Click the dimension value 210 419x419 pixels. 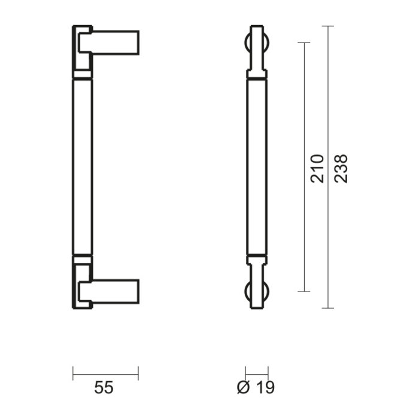tap(318, 168)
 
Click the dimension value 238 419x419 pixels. tap(341, 168)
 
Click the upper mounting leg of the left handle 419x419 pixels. tap(114, 41)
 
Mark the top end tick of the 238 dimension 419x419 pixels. tap(328, 26)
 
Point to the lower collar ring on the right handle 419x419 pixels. tap(257, 259)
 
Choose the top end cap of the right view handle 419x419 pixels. tap(257, 28)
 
